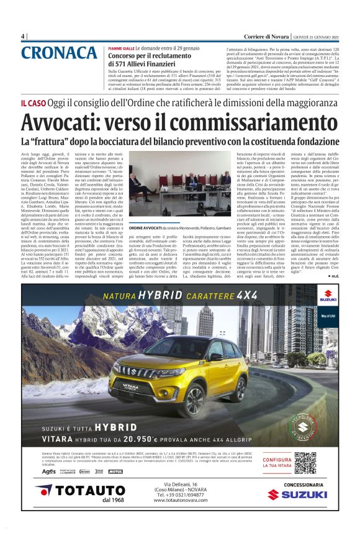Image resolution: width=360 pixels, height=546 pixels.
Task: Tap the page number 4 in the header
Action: (23, 36)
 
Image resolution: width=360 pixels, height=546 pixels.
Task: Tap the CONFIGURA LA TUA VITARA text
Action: (277, 464)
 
